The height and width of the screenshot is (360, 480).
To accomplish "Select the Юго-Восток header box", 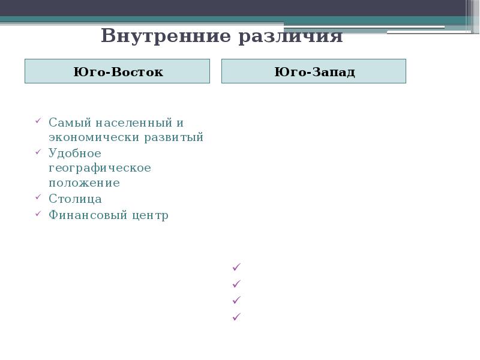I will click(x=118, y=71).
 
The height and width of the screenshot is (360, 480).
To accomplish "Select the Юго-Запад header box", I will click(x=314, y=71).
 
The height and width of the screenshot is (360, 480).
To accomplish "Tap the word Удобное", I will click(x=75, y=153).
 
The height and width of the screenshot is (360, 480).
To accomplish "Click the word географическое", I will click(x=100, y=168).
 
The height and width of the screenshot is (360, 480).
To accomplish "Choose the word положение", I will click(x=84, y=183).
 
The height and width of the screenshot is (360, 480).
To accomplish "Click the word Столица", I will click(x=75, y=199).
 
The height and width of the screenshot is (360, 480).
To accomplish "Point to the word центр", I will click(x=149, y=215).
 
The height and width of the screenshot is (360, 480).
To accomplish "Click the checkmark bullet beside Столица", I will click(x=38, y=197).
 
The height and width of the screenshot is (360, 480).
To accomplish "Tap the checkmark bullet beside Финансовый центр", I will click(x=38, y=213).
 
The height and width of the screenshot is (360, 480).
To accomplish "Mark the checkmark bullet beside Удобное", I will click(x=38, y=151).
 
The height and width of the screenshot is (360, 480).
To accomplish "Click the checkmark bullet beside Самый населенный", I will click(x=38, y=121).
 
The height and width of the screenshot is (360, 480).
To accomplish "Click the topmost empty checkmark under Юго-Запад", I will click(x=236, y=266).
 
